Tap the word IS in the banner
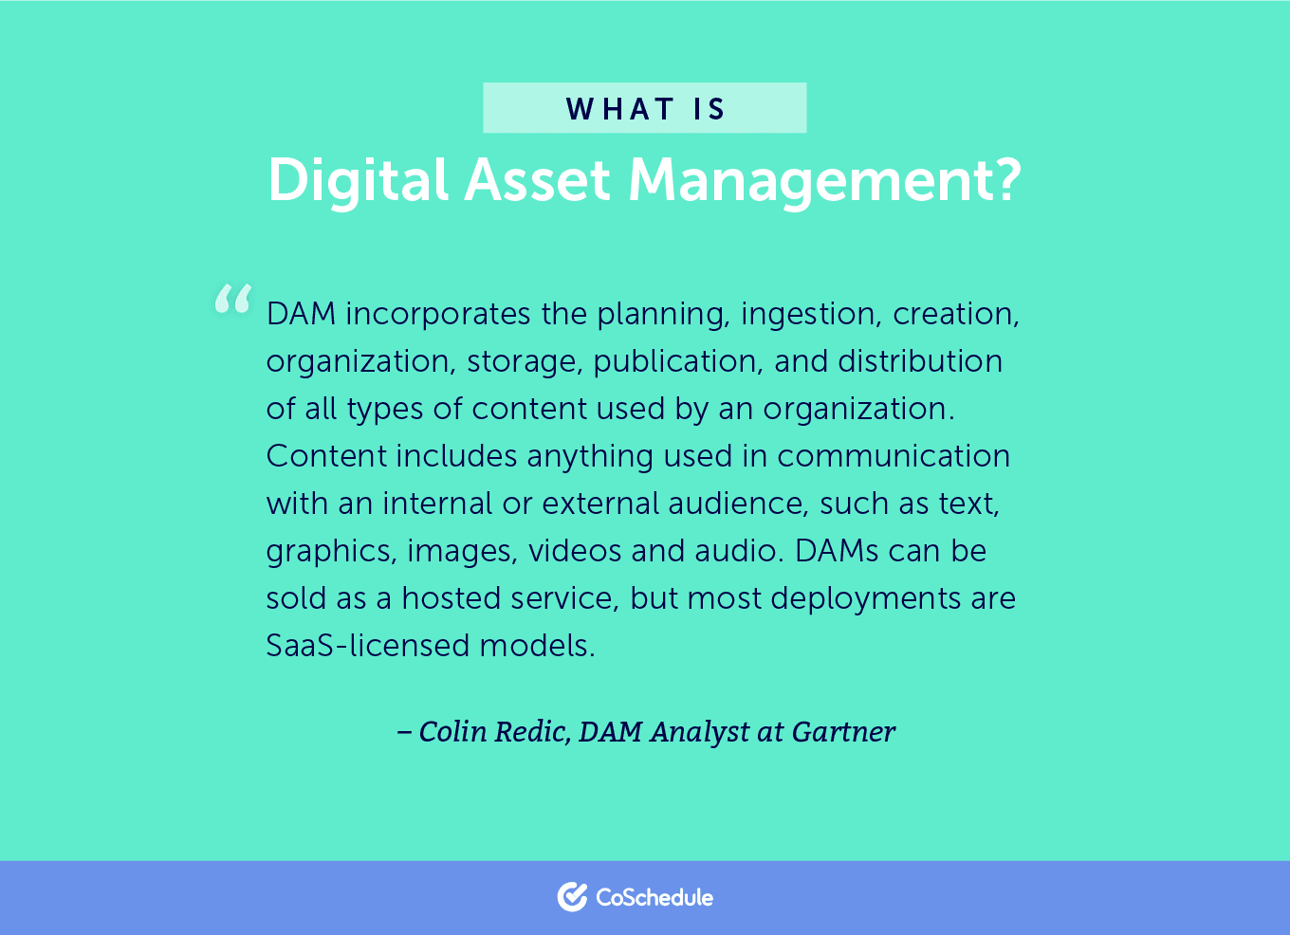point(709,109)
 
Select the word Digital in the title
point(359,180)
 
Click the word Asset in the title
point(538,180)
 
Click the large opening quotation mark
point(232,299)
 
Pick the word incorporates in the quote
point(438,314)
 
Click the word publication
point(678,361)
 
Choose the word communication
point(894,456)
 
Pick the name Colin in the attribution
point(453,731)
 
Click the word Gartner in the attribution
point(843,731)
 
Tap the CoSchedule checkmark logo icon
point(572,897)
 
